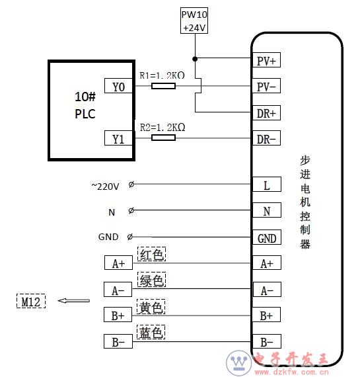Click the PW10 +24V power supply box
click(194, 21)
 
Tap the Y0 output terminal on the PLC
click(118, 86)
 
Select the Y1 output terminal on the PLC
click(118, 138)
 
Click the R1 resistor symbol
click(163, 86)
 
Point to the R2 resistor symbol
click(163, 138)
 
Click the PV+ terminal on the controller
click(266, 60)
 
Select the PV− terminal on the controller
click(266, 85)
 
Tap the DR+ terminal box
click(266, 112)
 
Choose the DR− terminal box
click(266, 138)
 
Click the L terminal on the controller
click(267, 184)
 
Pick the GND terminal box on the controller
click(267, 237)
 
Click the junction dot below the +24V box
click(195, 59)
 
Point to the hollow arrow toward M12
click(74, 300)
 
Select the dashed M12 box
click(31, 301)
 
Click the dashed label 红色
click(151, 254)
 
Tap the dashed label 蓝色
click(151, 332)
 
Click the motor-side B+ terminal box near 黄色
click(118, 314)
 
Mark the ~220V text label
click(105, 187)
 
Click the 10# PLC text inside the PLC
click(85, 105)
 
